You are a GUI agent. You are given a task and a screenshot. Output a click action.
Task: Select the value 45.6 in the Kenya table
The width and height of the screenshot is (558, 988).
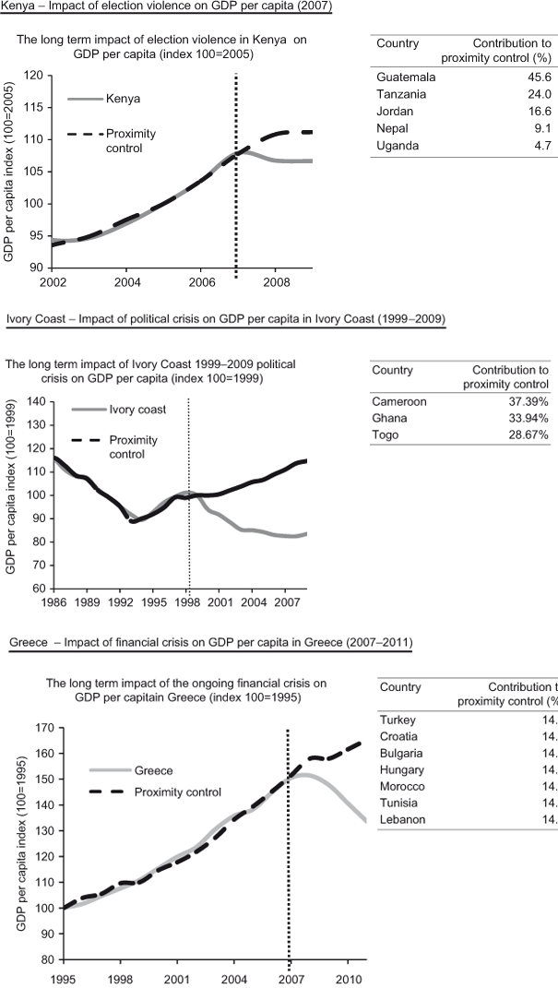pyautogui.click(x=539, y=77)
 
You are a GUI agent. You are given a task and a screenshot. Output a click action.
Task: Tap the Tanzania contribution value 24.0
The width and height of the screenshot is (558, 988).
pyautogui.click(x=539, y=94)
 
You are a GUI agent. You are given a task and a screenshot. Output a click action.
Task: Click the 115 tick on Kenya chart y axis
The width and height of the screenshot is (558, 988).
pyautogui.click(x=38, y=107)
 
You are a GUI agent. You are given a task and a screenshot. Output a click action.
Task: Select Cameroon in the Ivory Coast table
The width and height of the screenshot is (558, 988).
pyautogui.click(x=399, y=401)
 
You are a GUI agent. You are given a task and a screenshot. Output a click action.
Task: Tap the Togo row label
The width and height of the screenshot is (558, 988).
pyautogui.click(x=386, y=434)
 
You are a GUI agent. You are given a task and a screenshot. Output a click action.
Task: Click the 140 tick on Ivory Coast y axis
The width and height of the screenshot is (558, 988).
pyautogui.click(x=38, y=402)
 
